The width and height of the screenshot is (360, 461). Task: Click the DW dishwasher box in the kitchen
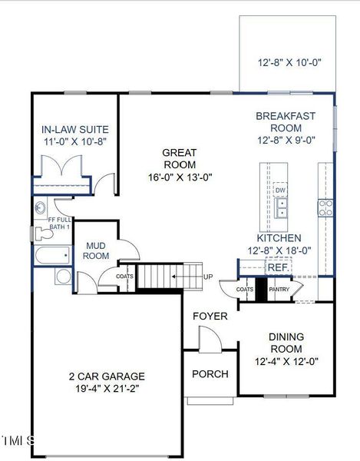coord(281,190)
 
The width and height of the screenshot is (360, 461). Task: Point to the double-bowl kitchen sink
coord(282,205)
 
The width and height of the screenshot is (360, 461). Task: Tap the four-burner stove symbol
coord(325,207)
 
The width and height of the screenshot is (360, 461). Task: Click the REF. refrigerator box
coord(276,267)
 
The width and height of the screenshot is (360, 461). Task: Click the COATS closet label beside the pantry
coord(245,290)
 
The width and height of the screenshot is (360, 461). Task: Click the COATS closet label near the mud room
coord(124,277)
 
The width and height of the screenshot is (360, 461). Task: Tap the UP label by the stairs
coord(208,277)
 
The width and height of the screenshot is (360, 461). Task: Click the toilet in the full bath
coord(40,207)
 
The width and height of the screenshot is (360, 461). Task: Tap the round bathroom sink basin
coord(64,276)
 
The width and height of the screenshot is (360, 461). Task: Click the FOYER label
coord(210,316)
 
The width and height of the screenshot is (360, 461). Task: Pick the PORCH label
coord(210,374)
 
